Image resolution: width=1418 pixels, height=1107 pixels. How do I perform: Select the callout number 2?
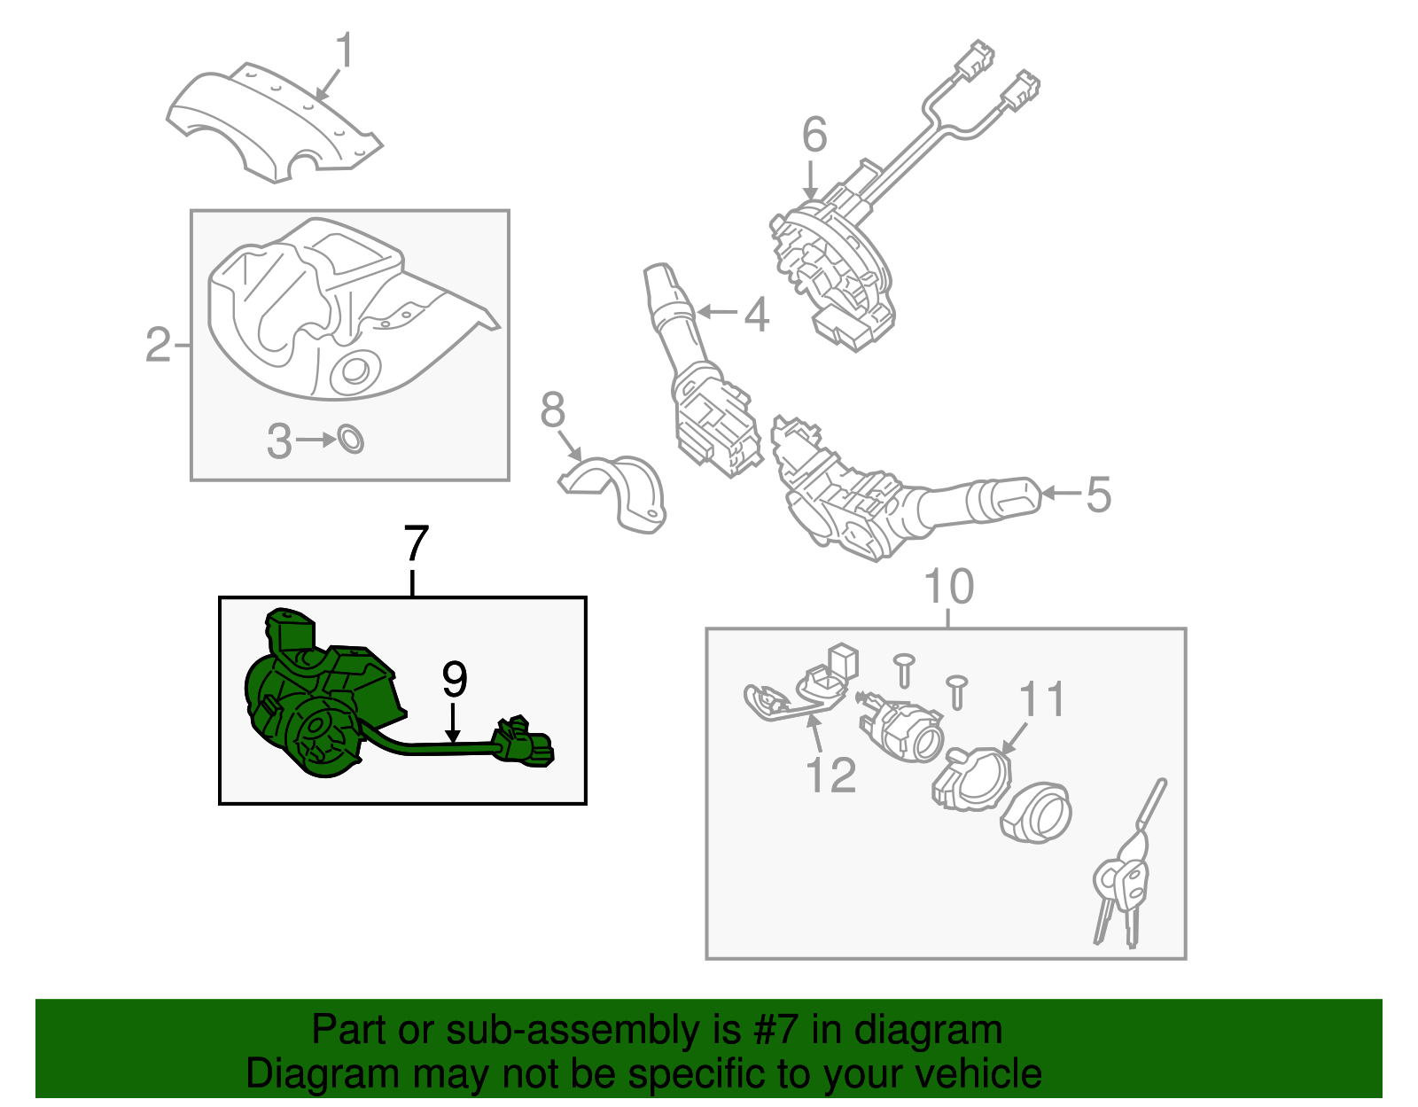(x=158, y=344)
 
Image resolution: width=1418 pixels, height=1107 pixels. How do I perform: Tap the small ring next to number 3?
(x=352, y=439)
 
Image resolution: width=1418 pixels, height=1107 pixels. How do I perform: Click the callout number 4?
(x=756, y=315)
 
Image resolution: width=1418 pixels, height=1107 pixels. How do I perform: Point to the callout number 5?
(x=1098, y=495)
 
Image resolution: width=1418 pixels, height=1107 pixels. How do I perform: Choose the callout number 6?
(x=814, y=136)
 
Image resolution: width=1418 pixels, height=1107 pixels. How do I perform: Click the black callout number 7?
(x=416, y=543)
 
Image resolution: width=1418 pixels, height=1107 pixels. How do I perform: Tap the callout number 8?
(x=552, y=410)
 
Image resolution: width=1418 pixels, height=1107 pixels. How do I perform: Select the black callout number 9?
(x=454, y=680)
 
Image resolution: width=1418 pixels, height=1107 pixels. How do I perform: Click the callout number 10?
(x=948, y=587)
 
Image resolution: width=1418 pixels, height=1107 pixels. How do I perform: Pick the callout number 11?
(x=1041, y=699)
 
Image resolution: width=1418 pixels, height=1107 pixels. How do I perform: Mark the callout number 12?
(x=830, y=776)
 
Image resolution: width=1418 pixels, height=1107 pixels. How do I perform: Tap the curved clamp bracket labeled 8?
(x=620, y=492)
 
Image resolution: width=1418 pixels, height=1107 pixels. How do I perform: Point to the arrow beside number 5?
(x=1061, y=493)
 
